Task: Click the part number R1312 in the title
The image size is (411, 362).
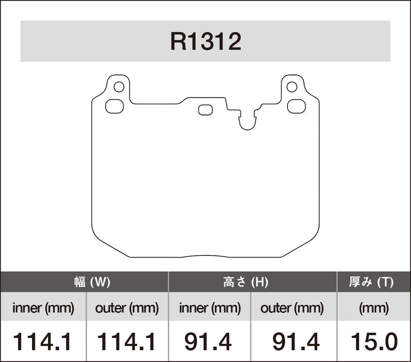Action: [x=205, y=41]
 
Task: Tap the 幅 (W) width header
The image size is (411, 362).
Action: [x=92, y=282]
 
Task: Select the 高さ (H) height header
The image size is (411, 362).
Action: [x=245, y=282]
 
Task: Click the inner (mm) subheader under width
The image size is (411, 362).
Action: [x=43, y=309]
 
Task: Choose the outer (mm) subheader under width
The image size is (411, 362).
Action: [x=127, y=309]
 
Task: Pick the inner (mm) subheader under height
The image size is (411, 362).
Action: [x=209, y=309]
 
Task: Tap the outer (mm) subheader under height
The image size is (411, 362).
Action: [x=292, y=309]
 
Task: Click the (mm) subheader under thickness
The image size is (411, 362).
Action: [x=374, y=309]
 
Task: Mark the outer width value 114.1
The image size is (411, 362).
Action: [x=127, y=342]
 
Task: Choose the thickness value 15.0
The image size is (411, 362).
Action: [x=374, y=342]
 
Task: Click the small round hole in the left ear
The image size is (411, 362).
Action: [x=119, y=87]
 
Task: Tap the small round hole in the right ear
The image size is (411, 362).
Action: [x=292, y=87]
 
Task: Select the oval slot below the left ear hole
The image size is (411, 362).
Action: [x=115, y=106]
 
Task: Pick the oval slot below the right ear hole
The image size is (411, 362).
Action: [x=296, y=106]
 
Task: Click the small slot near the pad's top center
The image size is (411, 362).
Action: [x=205, y=110]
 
